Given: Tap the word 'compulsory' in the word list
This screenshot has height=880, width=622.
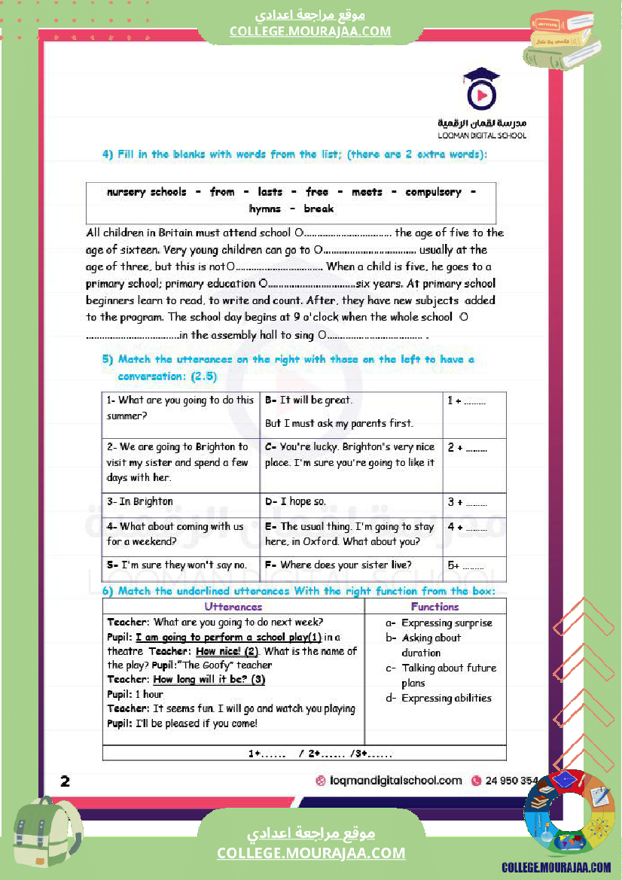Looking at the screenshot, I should click(x=433, y=192).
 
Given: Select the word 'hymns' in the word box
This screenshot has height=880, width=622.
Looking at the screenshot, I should click(x=264, y=209).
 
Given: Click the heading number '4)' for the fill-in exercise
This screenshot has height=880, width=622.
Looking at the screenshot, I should click(x=108, y=154).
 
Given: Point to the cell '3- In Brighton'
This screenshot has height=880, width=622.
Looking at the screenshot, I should click(x=140, y=501).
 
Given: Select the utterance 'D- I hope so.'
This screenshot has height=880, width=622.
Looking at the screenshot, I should click(x=295, y=501).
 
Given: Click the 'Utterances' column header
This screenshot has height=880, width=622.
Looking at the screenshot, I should click(x=233, y=607).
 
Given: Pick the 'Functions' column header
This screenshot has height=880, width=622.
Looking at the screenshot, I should click(x=434, y=607).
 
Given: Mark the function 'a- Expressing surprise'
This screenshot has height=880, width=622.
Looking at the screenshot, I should click(x=439, y=623).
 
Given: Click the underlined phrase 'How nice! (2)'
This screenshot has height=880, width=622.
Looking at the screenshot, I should click(x=227, y=651).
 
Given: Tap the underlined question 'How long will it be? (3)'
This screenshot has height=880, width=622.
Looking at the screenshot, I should click(x=209, y=680).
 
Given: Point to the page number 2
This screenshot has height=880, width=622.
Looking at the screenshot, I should click(x=66, y=781).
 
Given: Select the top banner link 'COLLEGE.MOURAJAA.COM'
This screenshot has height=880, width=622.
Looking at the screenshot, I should click(x=310, y=31).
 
